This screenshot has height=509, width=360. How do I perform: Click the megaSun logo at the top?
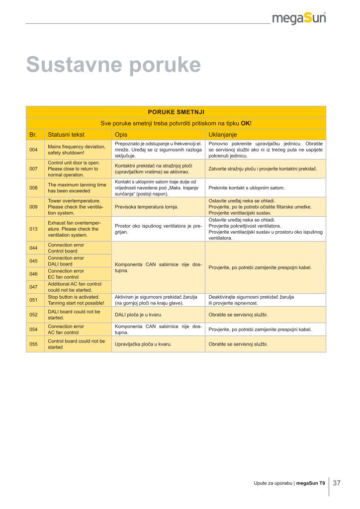pos(299,18)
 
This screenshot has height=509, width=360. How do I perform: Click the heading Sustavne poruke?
pos(113,65)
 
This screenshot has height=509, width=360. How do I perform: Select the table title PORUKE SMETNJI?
pos(176,112)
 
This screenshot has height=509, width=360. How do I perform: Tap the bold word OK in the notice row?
pos(245,123)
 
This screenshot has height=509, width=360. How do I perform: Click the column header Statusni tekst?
pos(66,135)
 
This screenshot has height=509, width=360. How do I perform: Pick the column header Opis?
pos(121,135)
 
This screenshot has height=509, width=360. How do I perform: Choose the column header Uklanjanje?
pos(223,135)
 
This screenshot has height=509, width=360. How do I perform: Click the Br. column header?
pos(33,135)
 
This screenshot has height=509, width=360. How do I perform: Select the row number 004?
pos(34,150)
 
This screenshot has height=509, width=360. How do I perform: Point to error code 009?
pos(34,207)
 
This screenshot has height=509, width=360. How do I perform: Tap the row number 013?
pos(34,229)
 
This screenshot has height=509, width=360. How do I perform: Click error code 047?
pos(34,287)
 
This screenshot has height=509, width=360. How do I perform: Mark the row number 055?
pos(34,344)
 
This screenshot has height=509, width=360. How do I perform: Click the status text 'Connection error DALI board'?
pos(66,261)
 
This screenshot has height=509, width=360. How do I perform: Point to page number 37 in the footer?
pos(337,483)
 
